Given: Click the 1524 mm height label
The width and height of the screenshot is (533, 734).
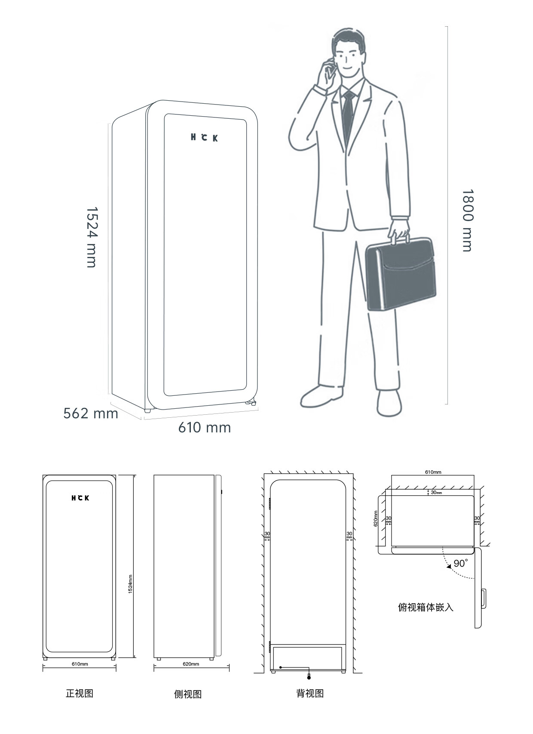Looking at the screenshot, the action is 92,237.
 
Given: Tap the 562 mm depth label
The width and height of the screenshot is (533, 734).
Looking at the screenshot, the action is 91,413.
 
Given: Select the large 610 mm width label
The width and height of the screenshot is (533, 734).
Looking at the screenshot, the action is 205,428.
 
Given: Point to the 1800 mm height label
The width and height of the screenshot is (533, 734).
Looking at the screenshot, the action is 468,220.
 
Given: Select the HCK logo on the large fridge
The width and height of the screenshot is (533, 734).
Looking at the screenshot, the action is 204,138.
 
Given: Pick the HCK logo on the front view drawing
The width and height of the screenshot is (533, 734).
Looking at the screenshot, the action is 80,498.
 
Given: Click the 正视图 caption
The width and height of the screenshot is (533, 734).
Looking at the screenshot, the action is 80,694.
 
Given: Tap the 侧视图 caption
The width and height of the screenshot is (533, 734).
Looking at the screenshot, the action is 188,694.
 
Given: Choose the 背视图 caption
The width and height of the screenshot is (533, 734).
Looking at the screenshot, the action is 310,694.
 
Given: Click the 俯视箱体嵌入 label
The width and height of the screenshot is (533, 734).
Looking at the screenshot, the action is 426,607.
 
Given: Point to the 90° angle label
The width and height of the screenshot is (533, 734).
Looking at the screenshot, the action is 461,564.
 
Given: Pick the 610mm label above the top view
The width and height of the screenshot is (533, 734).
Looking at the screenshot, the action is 433,472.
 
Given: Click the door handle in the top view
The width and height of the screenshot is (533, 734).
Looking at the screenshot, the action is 484,599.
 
